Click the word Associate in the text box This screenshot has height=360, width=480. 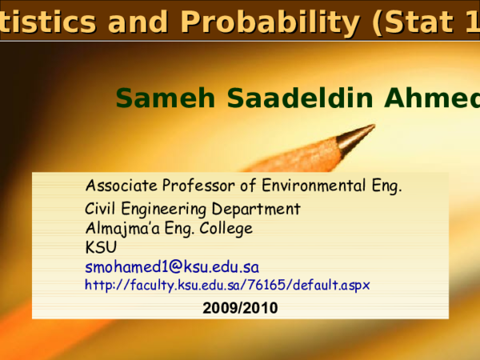122,186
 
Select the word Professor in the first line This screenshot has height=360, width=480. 198,186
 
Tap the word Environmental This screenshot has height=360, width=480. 316,186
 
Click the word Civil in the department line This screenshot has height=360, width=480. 101,210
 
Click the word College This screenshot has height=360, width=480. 226,228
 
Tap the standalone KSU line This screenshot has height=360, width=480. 101,247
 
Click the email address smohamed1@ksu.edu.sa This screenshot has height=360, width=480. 172,266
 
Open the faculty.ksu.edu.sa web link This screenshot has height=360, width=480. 227,284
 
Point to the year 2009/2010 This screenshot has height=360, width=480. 240,307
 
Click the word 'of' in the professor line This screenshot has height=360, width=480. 248,186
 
